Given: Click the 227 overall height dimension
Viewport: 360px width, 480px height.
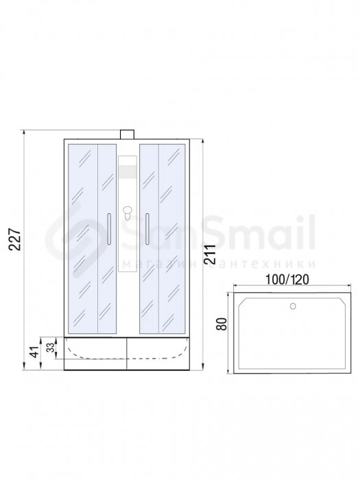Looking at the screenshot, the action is pyautogui.click(x=14, y=239).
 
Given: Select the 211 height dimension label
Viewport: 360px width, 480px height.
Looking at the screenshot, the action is pyautogui.click(x=210, y=254).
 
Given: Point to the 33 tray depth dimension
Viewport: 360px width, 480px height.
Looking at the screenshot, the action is pyautogui.click(x=51, y=347).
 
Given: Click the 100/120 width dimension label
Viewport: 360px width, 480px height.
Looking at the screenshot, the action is pyautogui.click(x=287, y=279).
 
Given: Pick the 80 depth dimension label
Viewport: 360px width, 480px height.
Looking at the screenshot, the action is pyautogui.click(x=222, y=324).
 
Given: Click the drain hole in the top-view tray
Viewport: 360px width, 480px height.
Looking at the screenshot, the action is pyautogui.click(x=293, y=306).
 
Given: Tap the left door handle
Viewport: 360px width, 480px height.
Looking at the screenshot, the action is pyautogui.click(x=109, y=229).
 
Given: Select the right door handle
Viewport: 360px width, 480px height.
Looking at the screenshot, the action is pyautogui.click(x=147, y=229).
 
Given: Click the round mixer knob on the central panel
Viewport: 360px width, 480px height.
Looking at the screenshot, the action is pyautogui.click(x=127, y=211).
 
